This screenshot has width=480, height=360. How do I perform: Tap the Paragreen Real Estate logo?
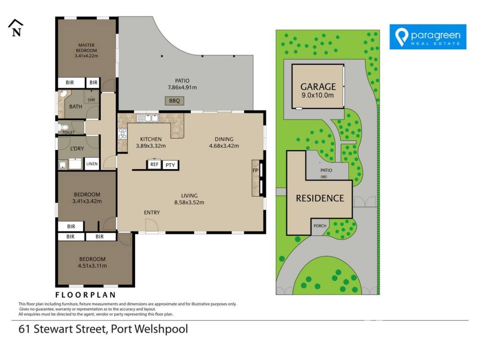(x=427, y=37)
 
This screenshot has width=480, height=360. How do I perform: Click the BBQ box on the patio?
(x=174, y=101)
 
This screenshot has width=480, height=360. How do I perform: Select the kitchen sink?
(x=147, y=118)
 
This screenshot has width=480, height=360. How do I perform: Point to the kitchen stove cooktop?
(x=122, y=134)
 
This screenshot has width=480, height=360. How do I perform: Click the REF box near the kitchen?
(x=154, y=165)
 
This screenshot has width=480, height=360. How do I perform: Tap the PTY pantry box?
(x=170, y=165)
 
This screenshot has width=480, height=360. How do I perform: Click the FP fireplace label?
(x=255, y=171)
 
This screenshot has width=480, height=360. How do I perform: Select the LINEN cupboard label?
(x=92, y=164)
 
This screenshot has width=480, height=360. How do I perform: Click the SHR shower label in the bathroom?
(x=91, y=100)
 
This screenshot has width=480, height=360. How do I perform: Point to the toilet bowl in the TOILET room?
(x=63, y=127)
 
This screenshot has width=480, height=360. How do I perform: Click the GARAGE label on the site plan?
(x=318, y=87)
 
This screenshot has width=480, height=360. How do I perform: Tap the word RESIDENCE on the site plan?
(x=320, y=198)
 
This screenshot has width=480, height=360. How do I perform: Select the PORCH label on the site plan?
(x=320, y=226)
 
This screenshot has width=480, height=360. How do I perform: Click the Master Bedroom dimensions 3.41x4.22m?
(x=86, y=56)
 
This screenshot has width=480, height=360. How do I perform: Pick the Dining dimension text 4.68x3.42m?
(x=224, y=146)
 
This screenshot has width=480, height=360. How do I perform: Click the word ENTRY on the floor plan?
(x=152, y=212)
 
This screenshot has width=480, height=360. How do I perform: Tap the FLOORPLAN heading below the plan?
(x=85, y=295)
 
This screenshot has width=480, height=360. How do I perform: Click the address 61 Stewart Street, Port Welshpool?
(x=103, y=329)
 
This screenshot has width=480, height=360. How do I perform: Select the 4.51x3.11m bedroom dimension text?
(x=92, y=266)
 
